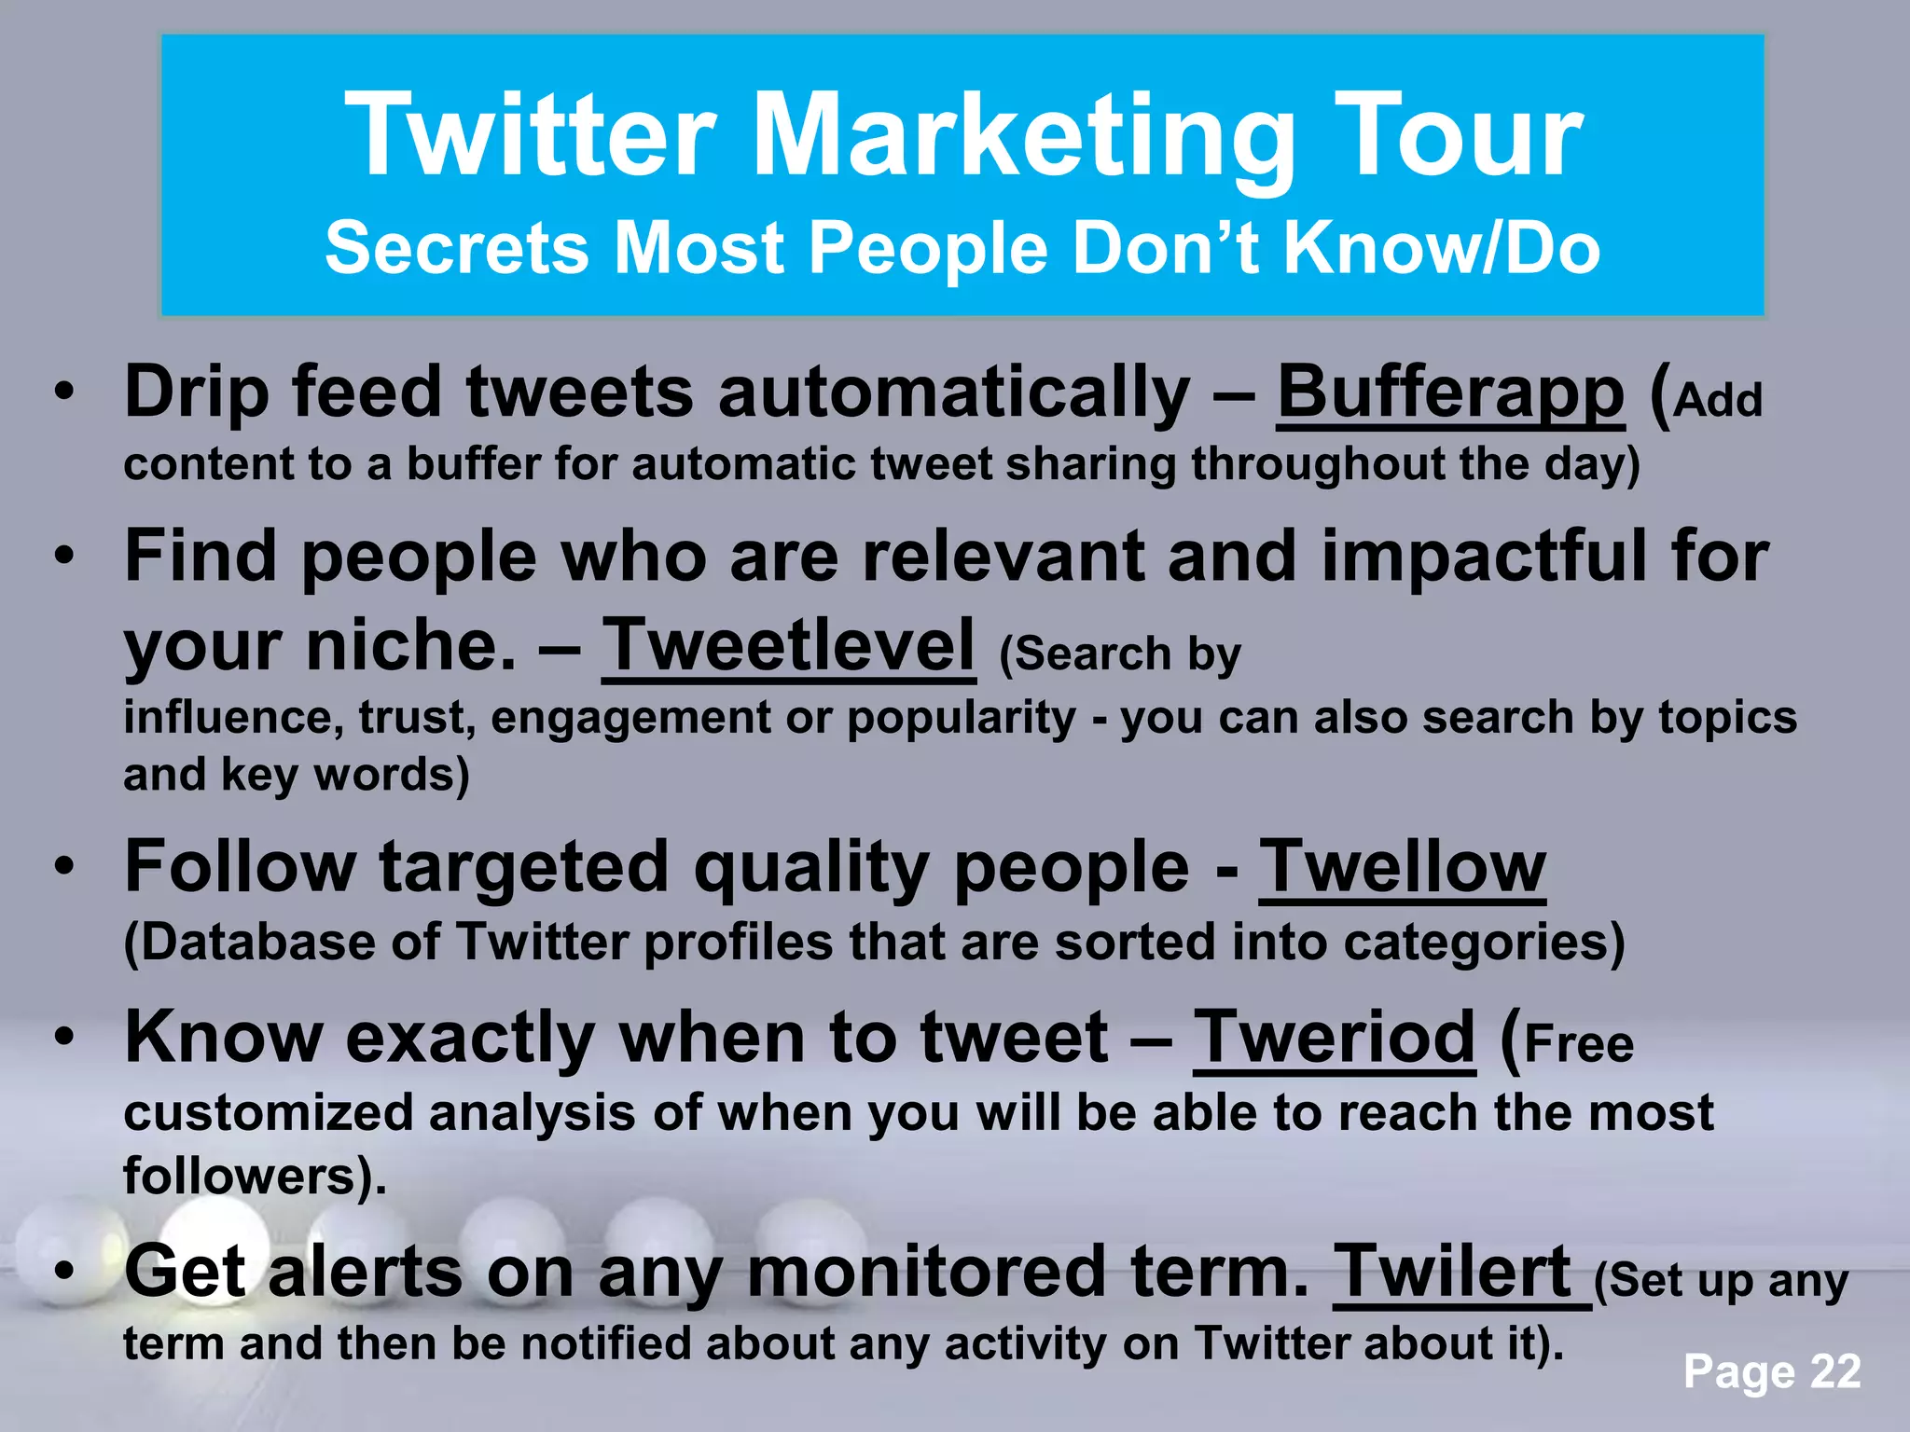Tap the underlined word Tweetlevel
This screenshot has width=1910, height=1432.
788,645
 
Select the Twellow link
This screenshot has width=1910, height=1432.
1402,867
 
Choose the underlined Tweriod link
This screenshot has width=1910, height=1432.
1334,1037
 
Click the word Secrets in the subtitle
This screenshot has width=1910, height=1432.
456,248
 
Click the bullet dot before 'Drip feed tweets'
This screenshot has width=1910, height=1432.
63,392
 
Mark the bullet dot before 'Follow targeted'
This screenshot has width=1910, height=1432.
63,867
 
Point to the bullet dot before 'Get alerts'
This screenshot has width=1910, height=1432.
63,1272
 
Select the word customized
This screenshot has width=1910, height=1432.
269,1113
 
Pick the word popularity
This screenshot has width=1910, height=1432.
962,719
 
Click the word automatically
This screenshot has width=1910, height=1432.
954,392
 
